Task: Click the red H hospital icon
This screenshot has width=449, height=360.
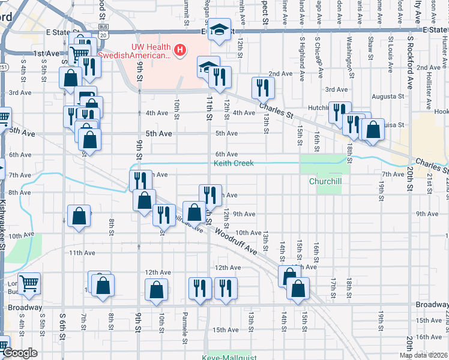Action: (179, 49)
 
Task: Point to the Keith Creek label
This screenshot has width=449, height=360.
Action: (234, 163)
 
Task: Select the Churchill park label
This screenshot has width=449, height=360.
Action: (325, 181)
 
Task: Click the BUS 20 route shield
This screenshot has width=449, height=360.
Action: (104, 36)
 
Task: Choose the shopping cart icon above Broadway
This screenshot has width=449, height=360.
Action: (28, 283)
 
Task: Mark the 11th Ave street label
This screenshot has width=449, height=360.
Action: (83, 253)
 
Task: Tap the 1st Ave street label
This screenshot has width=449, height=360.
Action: (47, 53)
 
